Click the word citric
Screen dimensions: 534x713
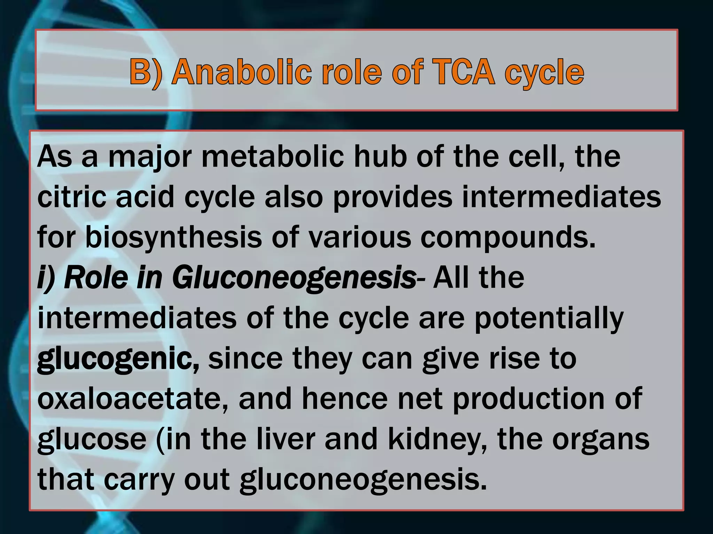(71, 197)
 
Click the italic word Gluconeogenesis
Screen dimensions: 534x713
(294, 278)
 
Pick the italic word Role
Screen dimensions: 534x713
(96, 278)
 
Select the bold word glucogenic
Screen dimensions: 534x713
(118, 359)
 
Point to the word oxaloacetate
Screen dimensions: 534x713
(133, 399)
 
